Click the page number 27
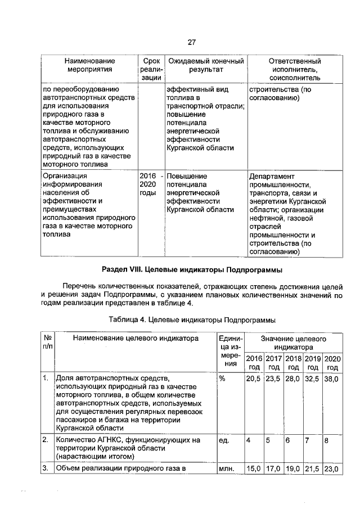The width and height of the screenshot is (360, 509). [191, 43]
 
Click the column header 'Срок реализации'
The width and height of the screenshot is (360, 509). [151, 69]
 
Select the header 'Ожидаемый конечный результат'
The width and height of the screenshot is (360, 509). [206, 65]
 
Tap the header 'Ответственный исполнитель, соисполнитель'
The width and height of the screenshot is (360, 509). [295, 69]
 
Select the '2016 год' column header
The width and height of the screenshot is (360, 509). [254, 363]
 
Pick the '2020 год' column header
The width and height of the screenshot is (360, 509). [332, 363]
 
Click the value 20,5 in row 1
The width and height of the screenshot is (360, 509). [254, 379]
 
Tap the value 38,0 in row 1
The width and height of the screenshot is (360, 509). [332, 379]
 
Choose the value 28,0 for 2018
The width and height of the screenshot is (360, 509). [293, 379]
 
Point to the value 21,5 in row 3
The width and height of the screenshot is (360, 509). [313, 468]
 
